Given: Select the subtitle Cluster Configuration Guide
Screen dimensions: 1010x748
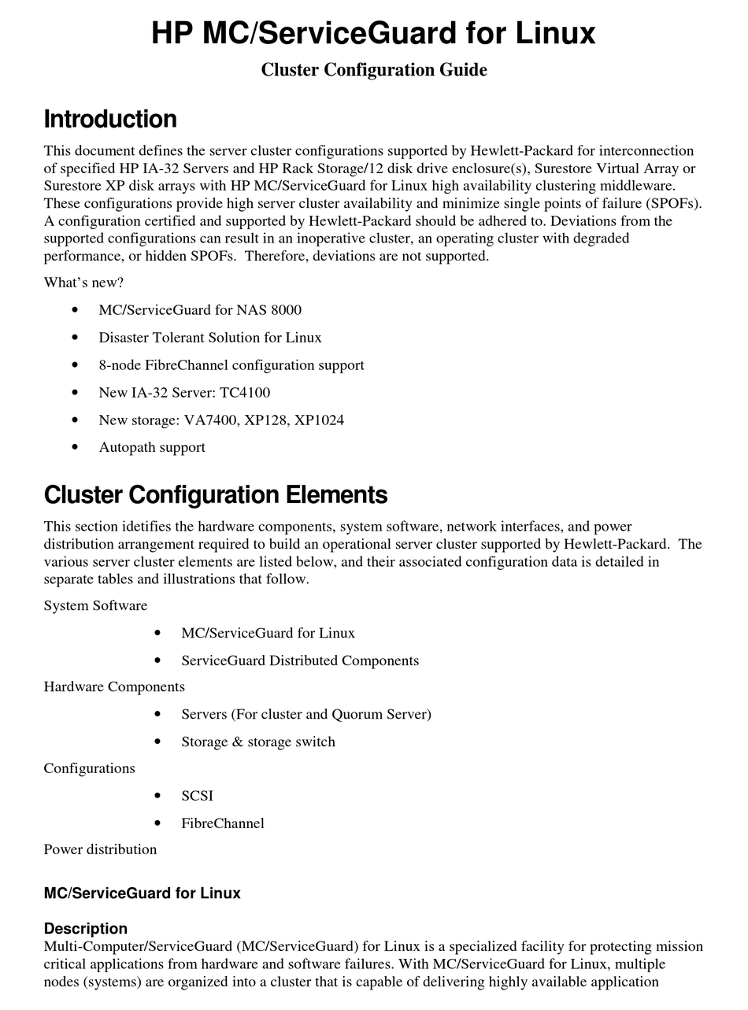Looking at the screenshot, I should tap(373, 70).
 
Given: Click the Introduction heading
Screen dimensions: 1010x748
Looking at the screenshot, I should tap(110, 120).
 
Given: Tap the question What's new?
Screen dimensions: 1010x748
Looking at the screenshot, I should tap(83, 283).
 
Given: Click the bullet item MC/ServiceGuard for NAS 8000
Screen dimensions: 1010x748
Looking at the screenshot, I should tap(200, 310).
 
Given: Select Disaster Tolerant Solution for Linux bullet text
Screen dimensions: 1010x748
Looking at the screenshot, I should tap(210, 338).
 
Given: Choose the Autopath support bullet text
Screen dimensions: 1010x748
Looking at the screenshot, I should tap(152, 447).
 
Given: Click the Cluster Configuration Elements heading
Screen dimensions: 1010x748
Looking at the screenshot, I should tap(216, 495).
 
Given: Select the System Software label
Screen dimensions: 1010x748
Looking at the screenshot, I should tap(95, 605).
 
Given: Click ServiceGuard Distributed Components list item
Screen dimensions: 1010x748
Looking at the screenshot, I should tap(300, 660).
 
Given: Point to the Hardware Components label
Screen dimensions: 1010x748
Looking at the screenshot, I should tap(114, 686).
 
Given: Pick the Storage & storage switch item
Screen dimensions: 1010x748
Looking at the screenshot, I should tap(258, 742).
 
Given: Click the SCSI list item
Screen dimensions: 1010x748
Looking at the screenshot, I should tap(197, 796).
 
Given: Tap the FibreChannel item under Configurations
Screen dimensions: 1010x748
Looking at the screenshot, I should tap(223, 823).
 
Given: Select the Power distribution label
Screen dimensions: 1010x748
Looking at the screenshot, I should tap(100, 849).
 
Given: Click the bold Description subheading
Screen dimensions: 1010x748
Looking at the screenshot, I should tap(85, 928).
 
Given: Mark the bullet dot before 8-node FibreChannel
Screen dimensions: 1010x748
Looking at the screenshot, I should tap(75, 365).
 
